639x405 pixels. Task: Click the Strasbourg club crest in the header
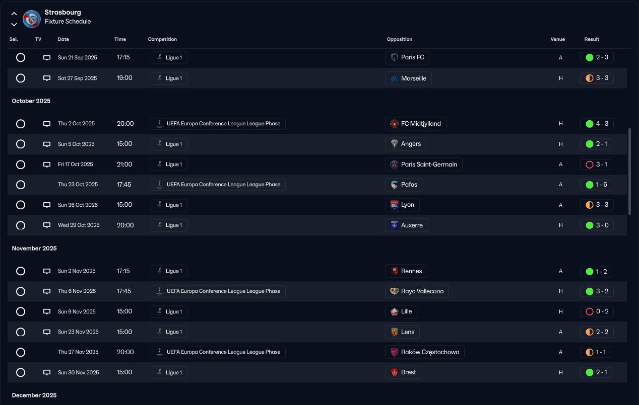32,19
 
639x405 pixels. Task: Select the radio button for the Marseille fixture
21,78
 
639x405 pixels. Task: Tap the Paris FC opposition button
407,57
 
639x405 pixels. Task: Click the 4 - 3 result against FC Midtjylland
597,124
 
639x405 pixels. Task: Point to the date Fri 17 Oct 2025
76,165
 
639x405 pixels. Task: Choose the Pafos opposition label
404,185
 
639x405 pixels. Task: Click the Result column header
592,39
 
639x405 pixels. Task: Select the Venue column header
557,39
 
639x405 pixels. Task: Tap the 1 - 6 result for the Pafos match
597,185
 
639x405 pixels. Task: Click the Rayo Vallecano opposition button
417,291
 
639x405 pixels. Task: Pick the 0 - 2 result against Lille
597,311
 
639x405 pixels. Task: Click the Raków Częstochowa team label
424,352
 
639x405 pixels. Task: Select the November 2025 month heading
34,249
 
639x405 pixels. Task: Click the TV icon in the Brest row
47,373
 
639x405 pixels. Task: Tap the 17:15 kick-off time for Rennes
123,271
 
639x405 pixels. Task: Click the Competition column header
162,39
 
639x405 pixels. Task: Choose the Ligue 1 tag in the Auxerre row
169,225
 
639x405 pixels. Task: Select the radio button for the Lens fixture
21,332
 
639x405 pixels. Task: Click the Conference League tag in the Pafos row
218,185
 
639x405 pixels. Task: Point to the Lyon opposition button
402,205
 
